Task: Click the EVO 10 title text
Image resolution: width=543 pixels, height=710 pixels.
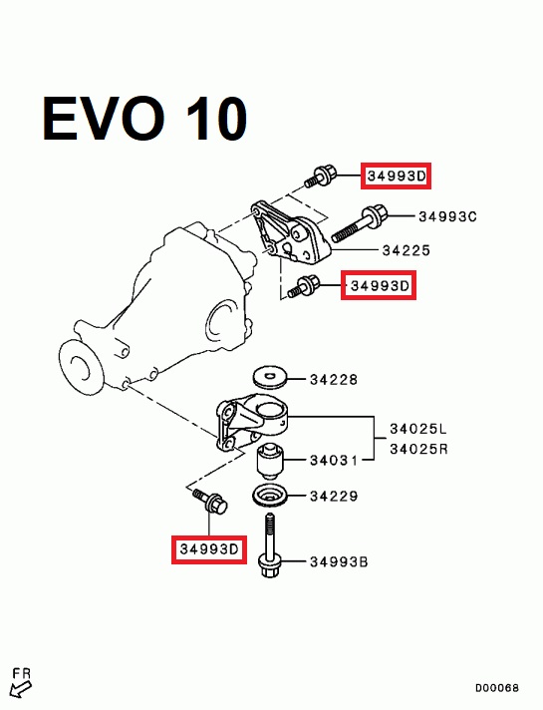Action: point(144,119)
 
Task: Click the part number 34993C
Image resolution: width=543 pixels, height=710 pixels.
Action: point(447,216)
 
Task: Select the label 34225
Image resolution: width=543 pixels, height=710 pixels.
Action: point(406,250)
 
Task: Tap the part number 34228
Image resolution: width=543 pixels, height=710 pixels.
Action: point(334,380)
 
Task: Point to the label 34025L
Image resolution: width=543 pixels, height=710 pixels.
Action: point(418,428)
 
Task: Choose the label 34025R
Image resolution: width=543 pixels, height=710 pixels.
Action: point(418,449)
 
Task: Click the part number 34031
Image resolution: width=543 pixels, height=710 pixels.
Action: point(334,461)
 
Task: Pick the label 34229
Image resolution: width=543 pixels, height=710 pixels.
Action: point(334,497)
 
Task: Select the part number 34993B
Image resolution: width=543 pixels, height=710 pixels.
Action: point(339,562)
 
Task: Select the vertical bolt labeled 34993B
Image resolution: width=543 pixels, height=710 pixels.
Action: point(270,545)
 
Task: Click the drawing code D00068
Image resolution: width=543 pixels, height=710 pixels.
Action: point(496,688)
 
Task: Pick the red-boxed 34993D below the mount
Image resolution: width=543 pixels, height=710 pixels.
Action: point(208,549)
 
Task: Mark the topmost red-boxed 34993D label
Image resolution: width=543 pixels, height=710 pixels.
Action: point(396,176)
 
